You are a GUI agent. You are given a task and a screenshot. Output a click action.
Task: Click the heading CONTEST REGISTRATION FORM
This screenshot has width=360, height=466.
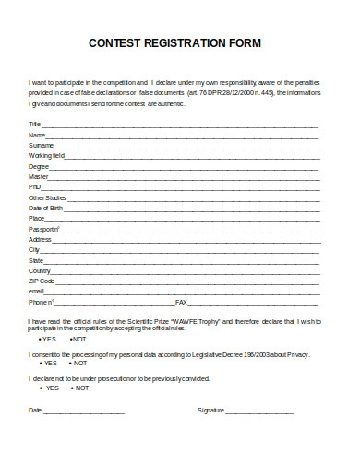pyautogui.click(x=174, y=42)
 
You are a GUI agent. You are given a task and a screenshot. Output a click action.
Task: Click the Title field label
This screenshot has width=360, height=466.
pyautogui.click(x=34, y=124)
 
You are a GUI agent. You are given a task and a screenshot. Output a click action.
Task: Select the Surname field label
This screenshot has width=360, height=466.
pyautogui.click(x=41, y=145)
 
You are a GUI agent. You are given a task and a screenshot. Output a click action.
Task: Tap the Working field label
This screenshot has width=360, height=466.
pyautogui.click(x=46, y=156)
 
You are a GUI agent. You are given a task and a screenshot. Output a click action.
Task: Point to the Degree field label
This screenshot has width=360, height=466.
pyautogui.click(x=39, y=166)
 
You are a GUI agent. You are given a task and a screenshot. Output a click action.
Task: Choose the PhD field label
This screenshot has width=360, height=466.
pyautogui.click(x=35, y=186)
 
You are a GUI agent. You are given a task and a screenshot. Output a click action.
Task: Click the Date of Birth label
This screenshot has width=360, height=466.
pyautogui.click(x=46, y=208)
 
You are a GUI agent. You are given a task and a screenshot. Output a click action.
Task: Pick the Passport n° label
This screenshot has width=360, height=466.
pyautogui.click(x=43, y=229)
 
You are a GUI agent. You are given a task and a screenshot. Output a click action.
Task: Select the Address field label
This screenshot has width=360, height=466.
pyautogui.click(x=40, y=239)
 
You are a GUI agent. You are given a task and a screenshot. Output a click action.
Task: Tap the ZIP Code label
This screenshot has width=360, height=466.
pyautogui.click(x=42, y=281)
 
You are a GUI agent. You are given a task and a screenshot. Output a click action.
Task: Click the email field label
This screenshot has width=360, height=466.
pyautogui.click(x=37, y=291)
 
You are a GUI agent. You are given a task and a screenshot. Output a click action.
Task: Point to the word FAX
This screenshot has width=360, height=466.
pyautogui.click(x=181, y=302)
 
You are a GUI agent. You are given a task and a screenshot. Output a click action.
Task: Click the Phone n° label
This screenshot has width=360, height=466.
pyautogui.click(x=42, y=302)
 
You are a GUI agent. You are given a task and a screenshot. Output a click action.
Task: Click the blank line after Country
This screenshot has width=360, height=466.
pyautogui.click(x=185, y=271)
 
